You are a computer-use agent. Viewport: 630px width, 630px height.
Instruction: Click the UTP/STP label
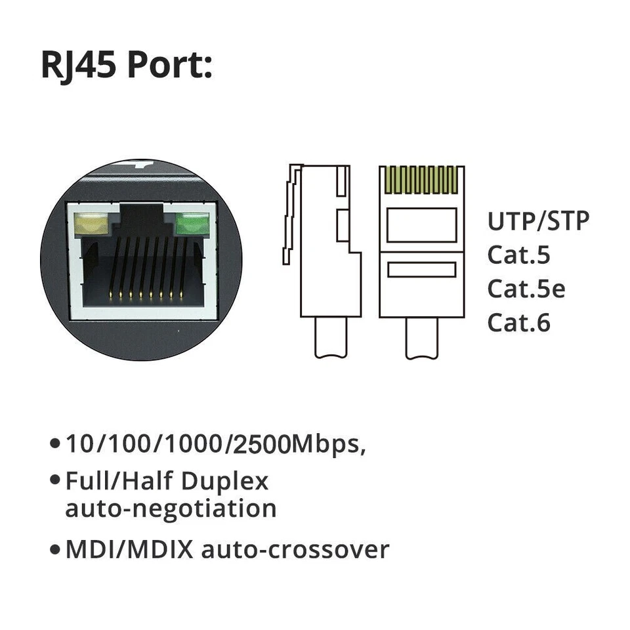(538, 221)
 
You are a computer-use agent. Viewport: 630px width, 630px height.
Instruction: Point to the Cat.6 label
(518, 323)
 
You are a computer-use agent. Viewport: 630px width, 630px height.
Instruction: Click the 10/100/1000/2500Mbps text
(215, 444)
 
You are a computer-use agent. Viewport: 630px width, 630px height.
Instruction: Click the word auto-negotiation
(171, 509)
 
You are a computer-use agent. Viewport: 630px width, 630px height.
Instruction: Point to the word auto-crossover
(295, 549)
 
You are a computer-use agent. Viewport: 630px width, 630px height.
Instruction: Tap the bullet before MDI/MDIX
(55, 550)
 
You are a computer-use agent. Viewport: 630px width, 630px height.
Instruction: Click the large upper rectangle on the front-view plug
(421, 225)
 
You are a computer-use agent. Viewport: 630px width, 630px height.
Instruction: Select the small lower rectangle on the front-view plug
(421, 270)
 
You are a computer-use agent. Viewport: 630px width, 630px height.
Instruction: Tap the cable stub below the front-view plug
(421, 339)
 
